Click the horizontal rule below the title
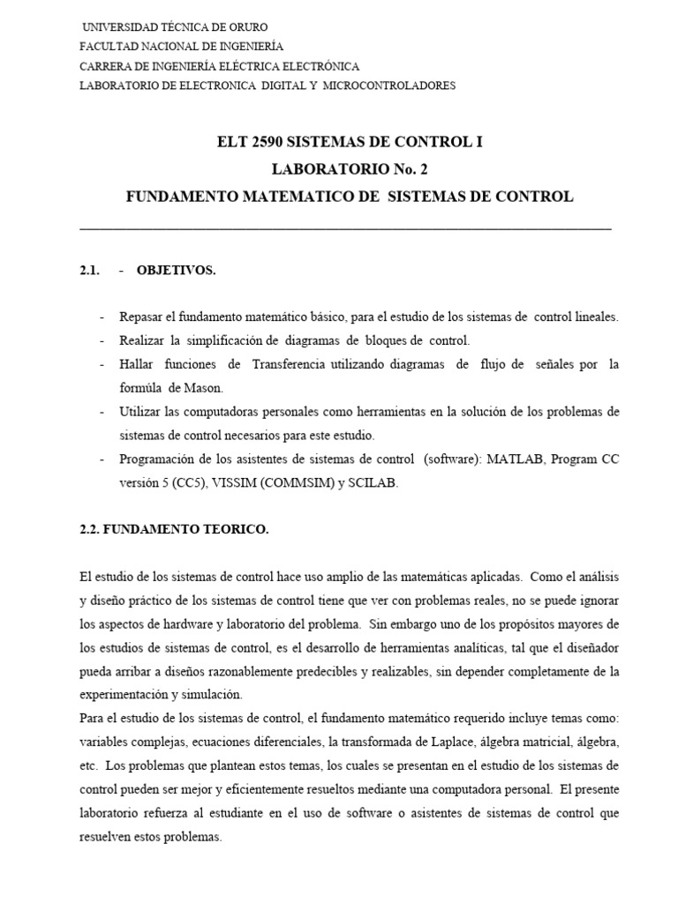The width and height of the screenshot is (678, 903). [345, 229]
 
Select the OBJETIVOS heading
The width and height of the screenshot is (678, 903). [176, 271]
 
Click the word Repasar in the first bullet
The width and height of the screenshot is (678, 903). [140, 317]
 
